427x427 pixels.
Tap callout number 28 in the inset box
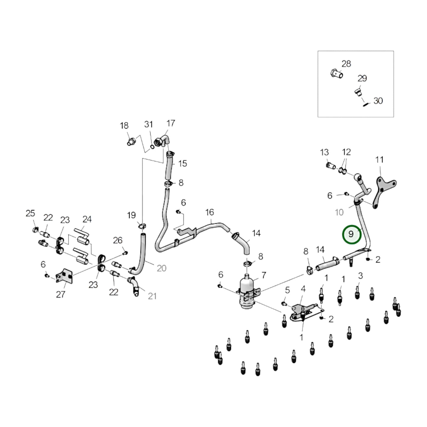click(x=346, y=64)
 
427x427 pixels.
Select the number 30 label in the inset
click(x=378, y=101)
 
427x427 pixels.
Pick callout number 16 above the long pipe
click(x=210, y=212)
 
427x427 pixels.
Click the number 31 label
click(x=148, y=124)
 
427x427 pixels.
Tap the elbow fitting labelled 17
click(x=163, y=141)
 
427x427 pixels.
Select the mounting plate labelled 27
click(x=64, y=276)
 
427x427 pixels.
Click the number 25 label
click(x=30, y=213)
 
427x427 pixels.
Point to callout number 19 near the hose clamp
click(x=131, y=215)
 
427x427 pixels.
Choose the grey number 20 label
click(x=162, y=268)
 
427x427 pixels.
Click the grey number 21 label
click(x=152, y=296)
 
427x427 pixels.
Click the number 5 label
click(x=287, y=290)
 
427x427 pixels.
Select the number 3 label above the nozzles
click(x=361, y=276)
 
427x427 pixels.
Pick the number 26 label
click(x=118, y=240)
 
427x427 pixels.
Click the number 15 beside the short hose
click(x=183, y=163)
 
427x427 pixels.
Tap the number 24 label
click(x=87, y=219)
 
